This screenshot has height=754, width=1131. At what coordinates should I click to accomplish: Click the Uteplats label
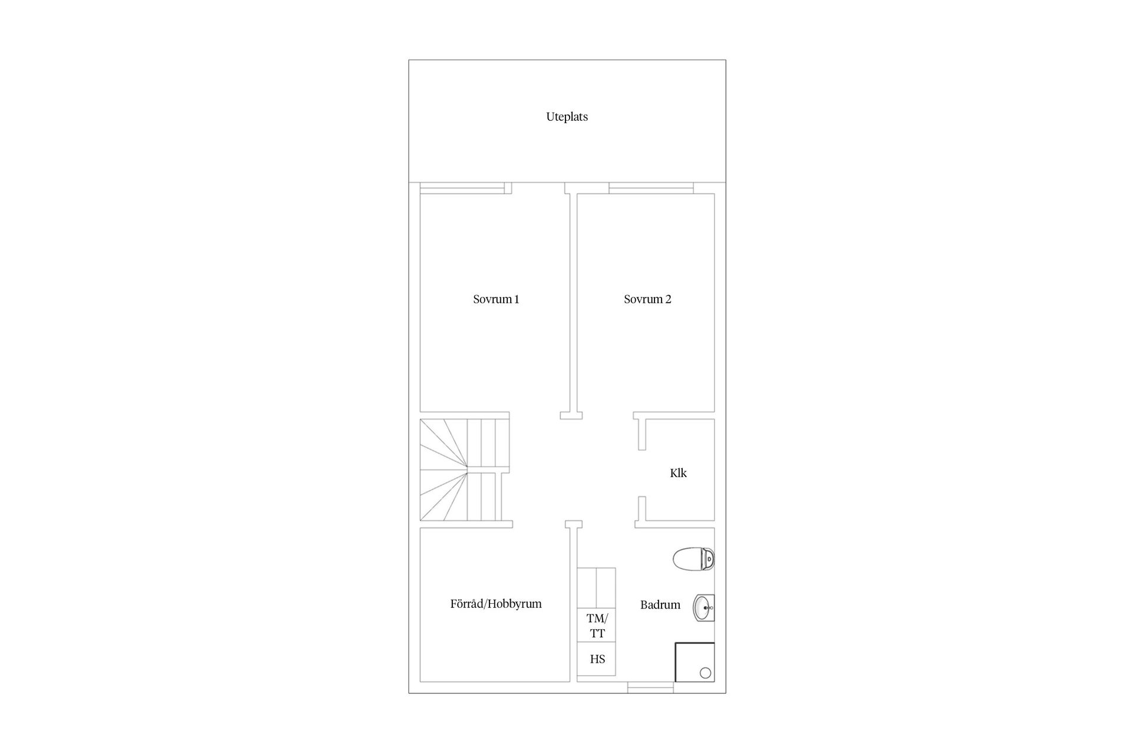567,117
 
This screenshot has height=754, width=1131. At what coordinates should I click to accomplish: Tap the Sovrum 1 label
496,299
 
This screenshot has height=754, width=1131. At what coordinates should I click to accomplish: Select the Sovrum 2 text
647,299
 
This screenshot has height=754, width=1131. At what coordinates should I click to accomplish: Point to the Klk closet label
678,473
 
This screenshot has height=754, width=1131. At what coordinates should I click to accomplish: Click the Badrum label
660,605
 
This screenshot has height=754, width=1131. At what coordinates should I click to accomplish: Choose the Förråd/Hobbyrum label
496,604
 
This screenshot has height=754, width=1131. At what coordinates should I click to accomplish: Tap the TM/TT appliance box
597,626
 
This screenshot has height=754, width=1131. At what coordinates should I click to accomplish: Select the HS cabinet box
597,659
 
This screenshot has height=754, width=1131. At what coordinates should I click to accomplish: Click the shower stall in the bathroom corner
695,662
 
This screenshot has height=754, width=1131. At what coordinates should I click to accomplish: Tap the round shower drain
705,673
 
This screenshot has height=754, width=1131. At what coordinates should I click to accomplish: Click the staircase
464,470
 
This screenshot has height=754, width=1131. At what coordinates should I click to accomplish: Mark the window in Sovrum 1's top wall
462,188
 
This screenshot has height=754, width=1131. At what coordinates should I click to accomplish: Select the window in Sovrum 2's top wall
651,188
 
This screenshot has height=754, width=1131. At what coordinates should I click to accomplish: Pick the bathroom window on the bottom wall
650,687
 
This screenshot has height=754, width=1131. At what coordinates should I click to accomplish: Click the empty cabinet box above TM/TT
597,588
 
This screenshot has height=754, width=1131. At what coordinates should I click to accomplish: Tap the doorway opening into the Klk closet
642,474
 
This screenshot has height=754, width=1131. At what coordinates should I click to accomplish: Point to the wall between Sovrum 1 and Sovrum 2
571,300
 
